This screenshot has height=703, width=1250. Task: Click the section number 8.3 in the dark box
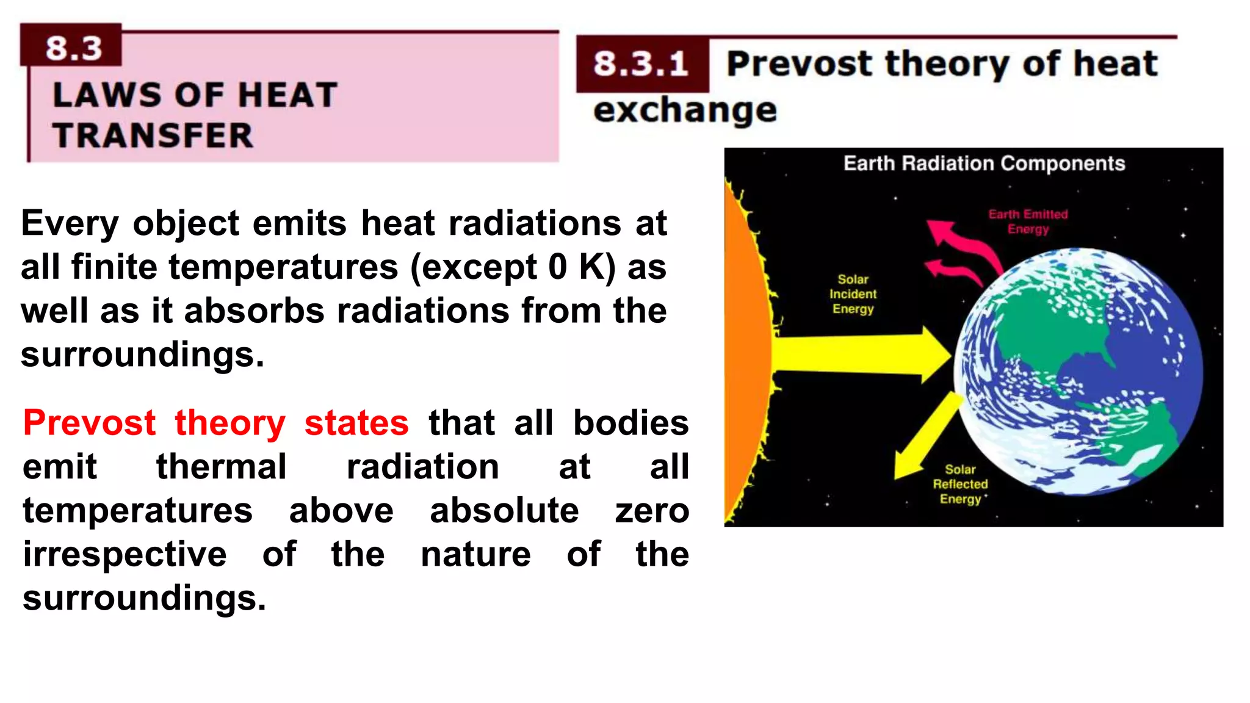point(73,48)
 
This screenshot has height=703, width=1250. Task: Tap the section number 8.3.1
point(641,64)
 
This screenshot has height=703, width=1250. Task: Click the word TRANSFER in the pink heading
point(153,135)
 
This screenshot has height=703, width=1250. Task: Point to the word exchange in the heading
point(685,110)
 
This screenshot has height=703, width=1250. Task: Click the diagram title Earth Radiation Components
point(984,164)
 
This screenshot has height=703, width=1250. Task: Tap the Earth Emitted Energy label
point(1028,222)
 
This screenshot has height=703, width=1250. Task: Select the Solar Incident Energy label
point(853,294)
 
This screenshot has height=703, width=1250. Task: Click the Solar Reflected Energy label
point(960,485)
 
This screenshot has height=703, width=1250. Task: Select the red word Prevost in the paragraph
point(90,423)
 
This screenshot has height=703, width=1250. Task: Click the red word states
point(356,423)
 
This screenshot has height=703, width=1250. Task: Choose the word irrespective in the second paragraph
point(125,555)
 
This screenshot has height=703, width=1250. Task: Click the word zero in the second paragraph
point(652,511)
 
